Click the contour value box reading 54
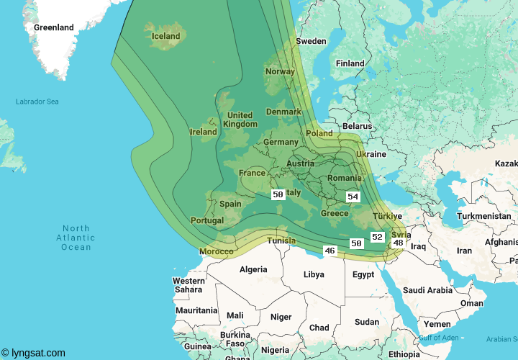[353, 197]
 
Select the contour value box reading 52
[377, 237]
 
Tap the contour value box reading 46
[330, 251]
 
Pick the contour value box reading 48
[398, 243]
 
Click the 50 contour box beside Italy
[278, 194]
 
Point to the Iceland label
[166, 36]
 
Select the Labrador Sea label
[37, 102]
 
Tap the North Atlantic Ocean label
[76, 238]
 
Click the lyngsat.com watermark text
[33, 353]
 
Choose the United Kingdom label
[240, 120]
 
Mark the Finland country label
[350, 63]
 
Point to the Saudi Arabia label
[427, 290]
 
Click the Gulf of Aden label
[439, 337]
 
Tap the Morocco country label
[216, 251]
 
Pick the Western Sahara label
[188, 285]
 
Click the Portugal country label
[206, 220]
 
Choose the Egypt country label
[363, 274]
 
